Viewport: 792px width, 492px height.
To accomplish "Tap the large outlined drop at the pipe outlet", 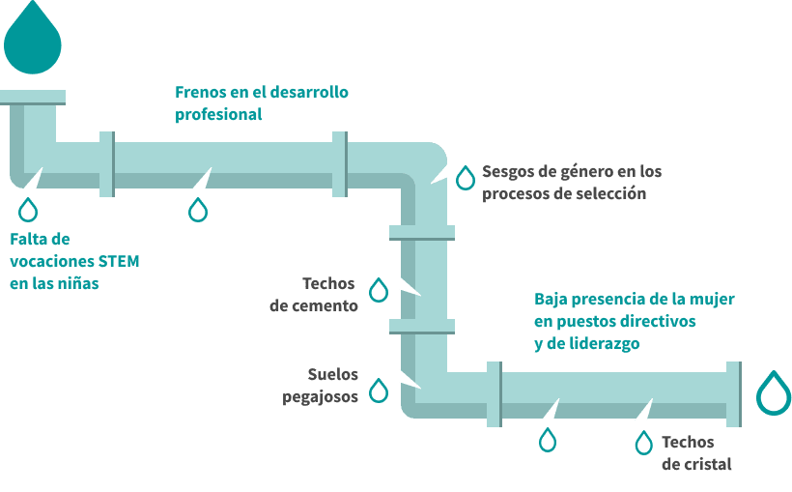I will (774, 395).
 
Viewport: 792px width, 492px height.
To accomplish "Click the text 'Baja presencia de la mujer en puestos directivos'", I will (634, 309).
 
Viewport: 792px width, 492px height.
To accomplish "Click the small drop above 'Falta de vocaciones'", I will (29, 210).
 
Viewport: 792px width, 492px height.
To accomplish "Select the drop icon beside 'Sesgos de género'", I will (466, 177).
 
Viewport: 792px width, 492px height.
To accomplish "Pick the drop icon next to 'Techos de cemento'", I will (380, 290).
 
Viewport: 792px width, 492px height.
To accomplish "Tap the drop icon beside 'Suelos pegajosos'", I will (380, 391).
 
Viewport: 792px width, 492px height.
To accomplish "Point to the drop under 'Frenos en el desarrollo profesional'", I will (198, 210).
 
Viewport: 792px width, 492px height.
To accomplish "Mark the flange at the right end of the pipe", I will (733, 394).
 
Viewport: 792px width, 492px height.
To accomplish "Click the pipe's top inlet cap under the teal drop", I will (32, 97).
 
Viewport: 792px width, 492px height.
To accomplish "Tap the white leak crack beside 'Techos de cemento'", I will (410, 287).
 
